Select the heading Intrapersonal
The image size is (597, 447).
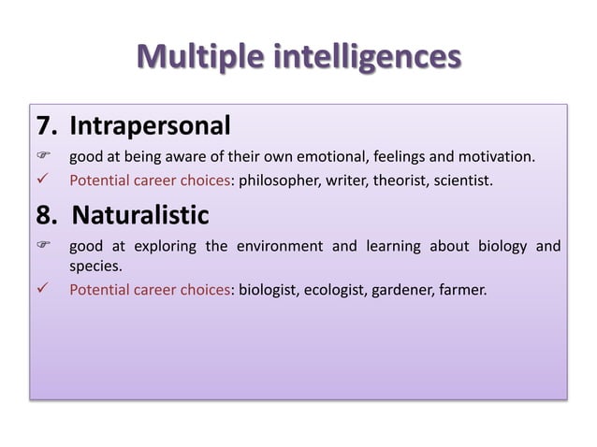point(150,124)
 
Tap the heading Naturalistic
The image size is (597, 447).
point(140,216)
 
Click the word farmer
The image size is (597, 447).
point(464,289)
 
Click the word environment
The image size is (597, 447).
point(278,247)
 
